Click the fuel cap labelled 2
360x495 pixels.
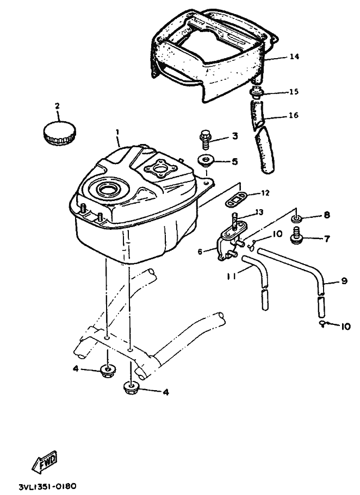(x=58, y=133)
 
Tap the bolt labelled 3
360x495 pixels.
(x=206, y=139)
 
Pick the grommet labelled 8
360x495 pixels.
(x=297, y=218)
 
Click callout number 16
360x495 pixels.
(x=294, y=115)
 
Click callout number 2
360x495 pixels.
(x=57, y=105)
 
